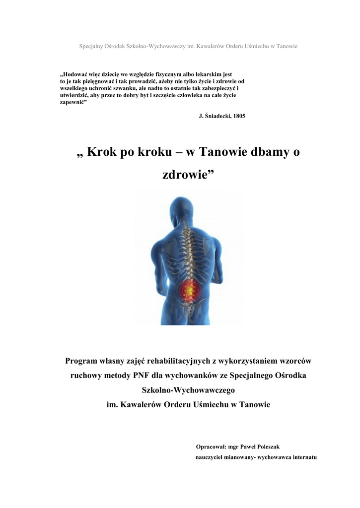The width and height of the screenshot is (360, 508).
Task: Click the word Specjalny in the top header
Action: coord(91,46)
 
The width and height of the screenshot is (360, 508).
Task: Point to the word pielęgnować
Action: coord(94,81)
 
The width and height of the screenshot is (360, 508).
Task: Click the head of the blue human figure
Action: coord(181,208)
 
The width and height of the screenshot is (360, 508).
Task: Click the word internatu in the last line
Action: coord(299,456)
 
